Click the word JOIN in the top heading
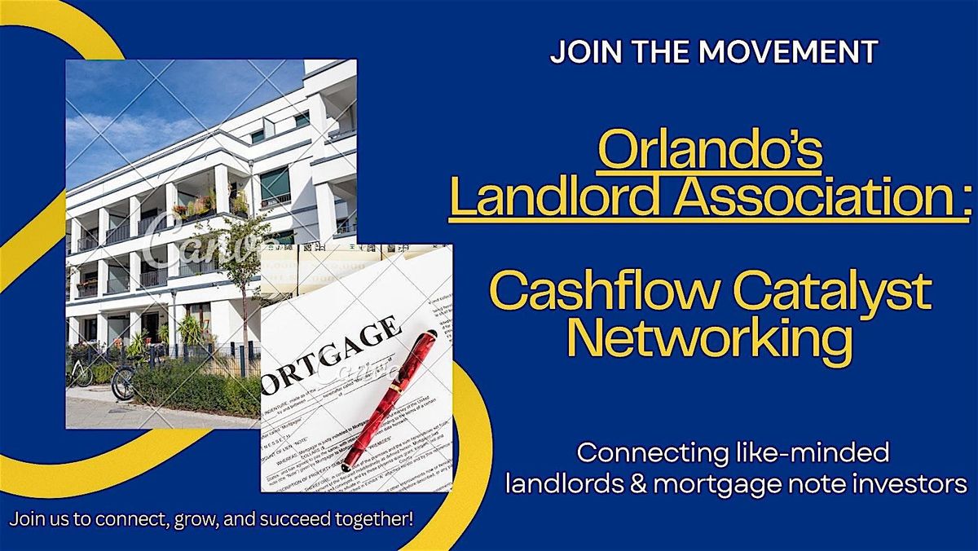click(x=576, y=52)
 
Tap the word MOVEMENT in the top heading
click(x=787, y=52)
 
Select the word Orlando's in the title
click(x=710, y=152)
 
